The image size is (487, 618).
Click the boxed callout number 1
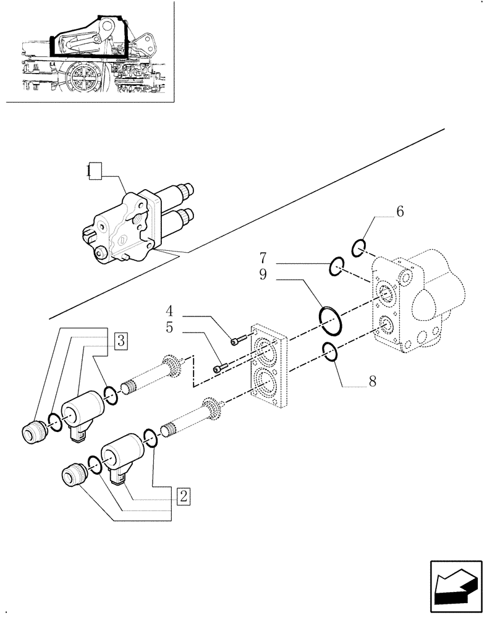click(93, 172)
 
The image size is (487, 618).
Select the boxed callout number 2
click(183, 495)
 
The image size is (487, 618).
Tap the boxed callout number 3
click(121, 339)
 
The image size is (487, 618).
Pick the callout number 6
click(400, 212)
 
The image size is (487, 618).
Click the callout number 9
click(263, 274)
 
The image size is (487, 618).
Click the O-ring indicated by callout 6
click(358, 249)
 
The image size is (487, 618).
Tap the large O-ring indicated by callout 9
click(330, 316)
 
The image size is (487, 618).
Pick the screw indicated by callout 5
click(219, 369)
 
